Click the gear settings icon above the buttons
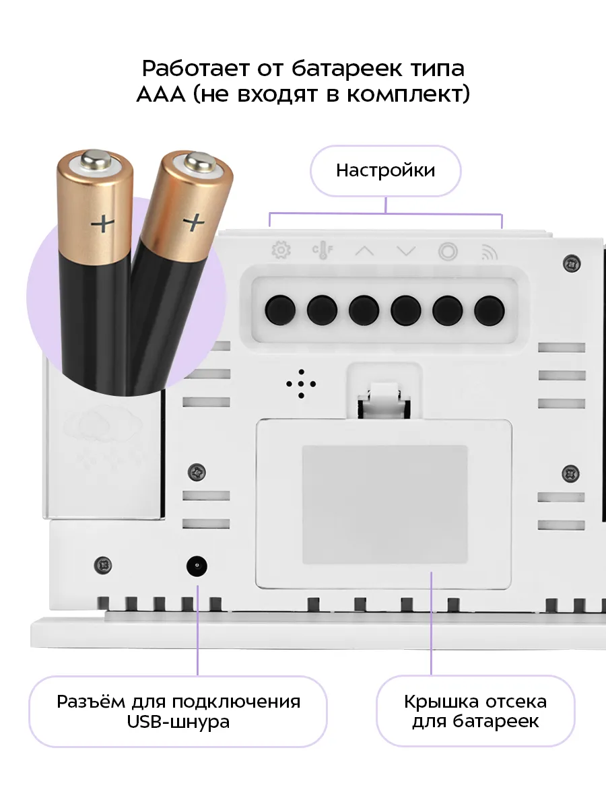click(x=281, y=250)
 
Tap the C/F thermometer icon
click(x=323, y=250)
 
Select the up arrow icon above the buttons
click(x=364, y=251)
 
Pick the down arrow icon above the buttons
click(x=406, y=251)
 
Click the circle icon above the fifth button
click(x=448, y=252)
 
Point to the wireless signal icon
click(x=490, y=252)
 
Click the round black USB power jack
click(x=197, y=566)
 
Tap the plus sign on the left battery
click(x=102, y=223)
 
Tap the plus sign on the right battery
click(x=195, y=222)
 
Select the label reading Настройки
click(x=385, y=170)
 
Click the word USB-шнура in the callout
click(x=178, y=722)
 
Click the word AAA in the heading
click(x=161, y=95)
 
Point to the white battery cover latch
click(x=384, y=401)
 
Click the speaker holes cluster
click(x=301, y=384)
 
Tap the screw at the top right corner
click(x=572, y=264)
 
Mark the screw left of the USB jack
click(x=103, y=566)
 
